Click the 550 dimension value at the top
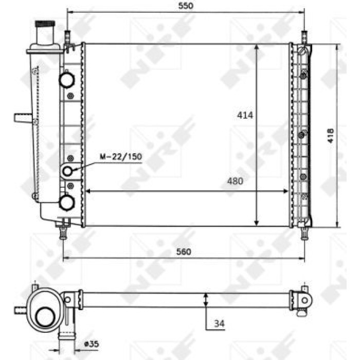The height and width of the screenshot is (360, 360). pos(186,6)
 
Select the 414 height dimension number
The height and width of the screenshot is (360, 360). pos(245,115)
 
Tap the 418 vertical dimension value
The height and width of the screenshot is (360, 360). pos(331,136)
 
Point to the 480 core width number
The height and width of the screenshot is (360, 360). pos(235,181)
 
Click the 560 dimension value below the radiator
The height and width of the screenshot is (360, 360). pos(184,251)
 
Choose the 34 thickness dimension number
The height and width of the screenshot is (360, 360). pos(219,323)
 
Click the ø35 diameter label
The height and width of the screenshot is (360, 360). pos(91,344)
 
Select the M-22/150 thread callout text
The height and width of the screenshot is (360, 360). pos(121,156)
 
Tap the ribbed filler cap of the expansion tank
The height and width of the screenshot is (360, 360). pos(45,24)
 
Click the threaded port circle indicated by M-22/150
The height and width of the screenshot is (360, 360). pos(67,171)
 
